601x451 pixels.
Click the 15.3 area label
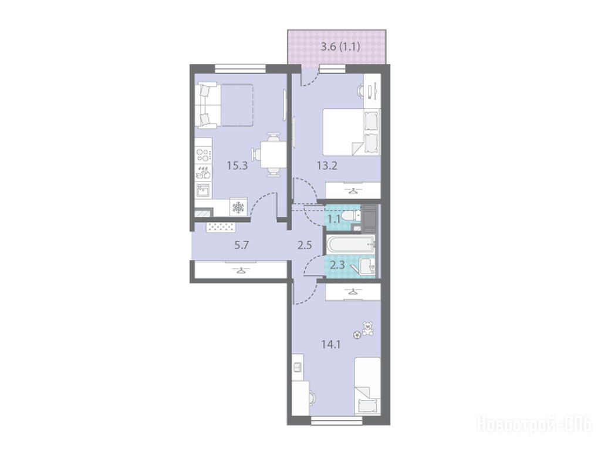pos(238,166)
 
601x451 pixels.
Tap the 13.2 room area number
pos(327,166)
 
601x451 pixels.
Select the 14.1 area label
pos(331,344)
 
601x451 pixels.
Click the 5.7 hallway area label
pos(241,245)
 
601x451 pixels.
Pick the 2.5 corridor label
pos(305,245)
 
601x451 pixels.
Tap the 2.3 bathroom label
pos(337,265)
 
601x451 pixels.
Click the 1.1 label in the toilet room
pos(334,220)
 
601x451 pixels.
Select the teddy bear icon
pos(368,329)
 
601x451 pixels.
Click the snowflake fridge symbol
pos(238,207)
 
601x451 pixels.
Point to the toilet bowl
pos(351,216)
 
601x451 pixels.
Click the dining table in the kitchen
pos(272,154)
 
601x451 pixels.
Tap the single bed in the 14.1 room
pos(367,386)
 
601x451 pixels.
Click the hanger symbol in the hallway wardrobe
pos(241,270)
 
